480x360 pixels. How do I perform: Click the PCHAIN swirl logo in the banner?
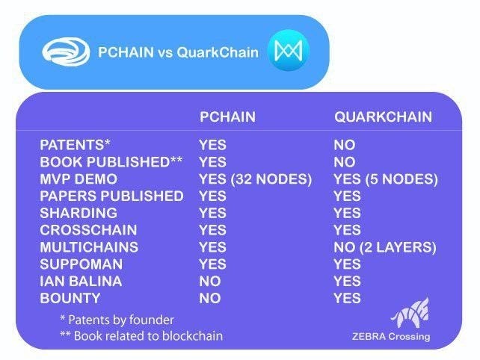(x=66, y=52)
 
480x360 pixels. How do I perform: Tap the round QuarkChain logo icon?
(x=289, y=51)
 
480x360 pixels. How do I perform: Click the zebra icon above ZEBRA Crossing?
(x=410, y=312)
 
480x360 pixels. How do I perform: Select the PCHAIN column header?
(x=227, y=117)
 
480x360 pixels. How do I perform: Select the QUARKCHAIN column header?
(x=383, y=117)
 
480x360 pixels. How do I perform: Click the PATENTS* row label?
(x=75, y=145)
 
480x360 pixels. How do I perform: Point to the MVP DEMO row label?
(x=79, y=179)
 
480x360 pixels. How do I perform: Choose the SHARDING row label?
(x=79, y=213)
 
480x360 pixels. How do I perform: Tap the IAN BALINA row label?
(x=81, y=281)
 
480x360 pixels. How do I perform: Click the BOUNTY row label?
(x=70, y=298)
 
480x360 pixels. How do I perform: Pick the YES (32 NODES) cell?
(x=255, y=179)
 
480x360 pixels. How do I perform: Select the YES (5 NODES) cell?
(x=386, y=179)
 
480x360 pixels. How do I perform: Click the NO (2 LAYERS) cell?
(x=385, y=247)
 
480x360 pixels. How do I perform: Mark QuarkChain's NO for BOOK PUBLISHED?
(x=345, y=162)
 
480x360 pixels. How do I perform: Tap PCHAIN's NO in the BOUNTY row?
(x=210, y=298)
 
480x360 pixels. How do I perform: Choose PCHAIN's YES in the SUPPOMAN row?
(x=213, y=264)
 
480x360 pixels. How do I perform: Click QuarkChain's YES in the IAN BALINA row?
(x=348, y=281)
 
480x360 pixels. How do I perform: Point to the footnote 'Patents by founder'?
(x=117, y=320)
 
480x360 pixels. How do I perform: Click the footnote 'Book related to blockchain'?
(x=141, y=336)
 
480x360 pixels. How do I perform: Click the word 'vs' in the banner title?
(x=165, y=52)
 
